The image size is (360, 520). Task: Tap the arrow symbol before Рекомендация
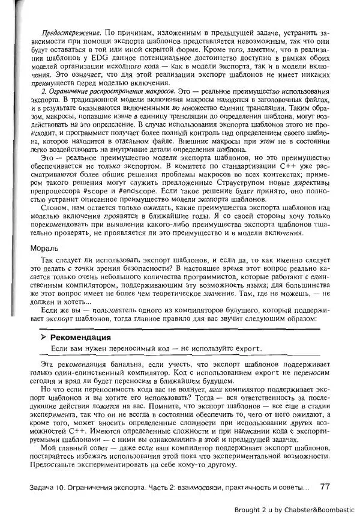[x=44, y=337]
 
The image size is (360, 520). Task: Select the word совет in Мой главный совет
[x=89, y=448]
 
